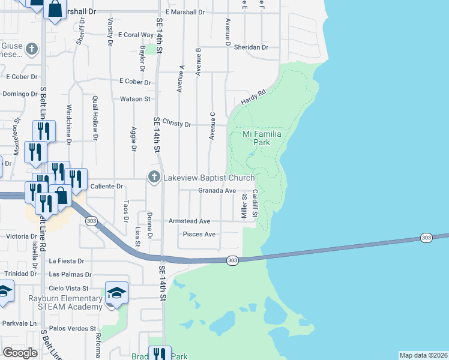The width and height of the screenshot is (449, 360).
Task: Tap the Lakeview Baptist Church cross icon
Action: tap(154, 177)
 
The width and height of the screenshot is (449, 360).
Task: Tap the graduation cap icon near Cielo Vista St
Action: tap(117, 293)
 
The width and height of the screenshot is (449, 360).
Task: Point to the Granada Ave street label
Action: tap(217, 190)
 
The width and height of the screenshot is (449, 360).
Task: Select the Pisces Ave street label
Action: tap(199, 234)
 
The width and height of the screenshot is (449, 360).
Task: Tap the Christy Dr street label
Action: tap(176, 124)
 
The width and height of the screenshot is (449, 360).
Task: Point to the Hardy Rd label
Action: tap(253, 97)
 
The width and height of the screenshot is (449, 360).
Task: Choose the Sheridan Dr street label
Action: tap(251, 47)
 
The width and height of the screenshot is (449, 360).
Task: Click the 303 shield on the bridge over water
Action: tap(426, 238)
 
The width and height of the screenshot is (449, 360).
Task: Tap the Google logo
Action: tap(20, 353)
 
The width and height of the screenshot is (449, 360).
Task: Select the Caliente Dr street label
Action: tap(106, 186)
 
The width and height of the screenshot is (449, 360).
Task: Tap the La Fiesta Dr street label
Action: tap(67, 261)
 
